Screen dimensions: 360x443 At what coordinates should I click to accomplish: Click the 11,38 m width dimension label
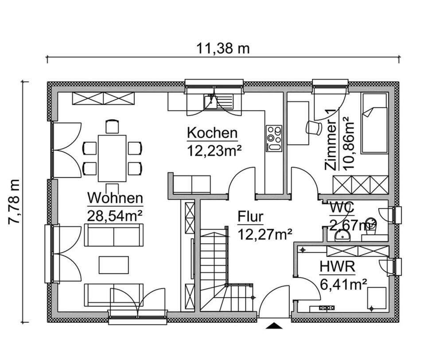pos(223,48)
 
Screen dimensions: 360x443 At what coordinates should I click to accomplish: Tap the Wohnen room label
pos(115,198)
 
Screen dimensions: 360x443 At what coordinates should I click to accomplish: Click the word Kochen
pos(212,133)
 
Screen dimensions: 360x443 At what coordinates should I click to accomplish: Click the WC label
pos(341,207)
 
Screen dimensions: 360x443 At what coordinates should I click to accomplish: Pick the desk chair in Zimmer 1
pos(315,127)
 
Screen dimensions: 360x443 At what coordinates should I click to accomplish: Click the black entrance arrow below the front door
pos(275,326)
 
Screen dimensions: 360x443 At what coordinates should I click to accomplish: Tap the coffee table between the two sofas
pos(114,265)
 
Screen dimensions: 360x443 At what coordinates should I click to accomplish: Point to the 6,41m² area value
pos(343,284)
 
